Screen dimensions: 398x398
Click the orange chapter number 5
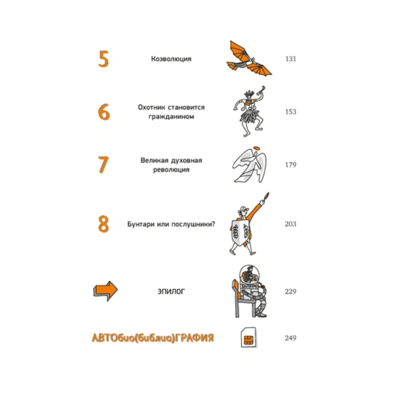point(103,59)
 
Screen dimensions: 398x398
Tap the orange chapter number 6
point(104,112)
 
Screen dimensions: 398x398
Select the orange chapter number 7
point(103,165)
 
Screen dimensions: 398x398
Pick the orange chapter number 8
point(103,224)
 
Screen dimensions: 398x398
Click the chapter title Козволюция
point(171,59)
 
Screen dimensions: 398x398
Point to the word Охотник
point(151,107)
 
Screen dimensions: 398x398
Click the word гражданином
point(171,117)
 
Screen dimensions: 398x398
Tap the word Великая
point(154,160)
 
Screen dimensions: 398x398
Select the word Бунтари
point(141,224)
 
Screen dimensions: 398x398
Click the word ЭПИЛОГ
point(171,291)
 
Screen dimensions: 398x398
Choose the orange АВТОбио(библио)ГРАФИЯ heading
point(153,338)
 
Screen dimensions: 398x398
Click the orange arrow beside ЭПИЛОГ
point(105,291)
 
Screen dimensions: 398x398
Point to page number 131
point(291,59)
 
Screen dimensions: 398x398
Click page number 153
point(291,112)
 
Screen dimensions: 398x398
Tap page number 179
point(291,165)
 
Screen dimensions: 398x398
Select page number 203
point(291,224)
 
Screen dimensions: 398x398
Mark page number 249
point(291,338)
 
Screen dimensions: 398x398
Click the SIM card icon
point(248,338)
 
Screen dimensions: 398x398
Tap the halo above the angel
point(257,148)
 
